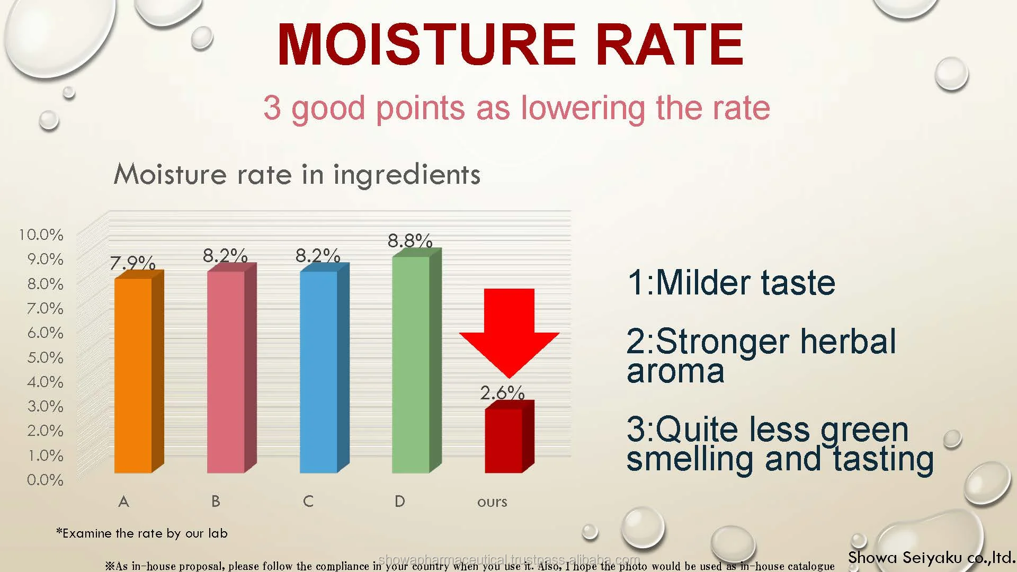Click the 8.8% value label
coord(410,241)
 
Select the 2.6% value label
coord(502,392)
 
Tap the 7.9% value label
coord(132,263)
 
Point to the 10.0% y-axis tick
coord(41,235)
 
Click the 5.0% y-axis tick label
coord(45,358)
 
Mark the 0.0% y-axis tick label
coord(45,480)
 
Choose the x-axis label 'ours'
coord(492,502)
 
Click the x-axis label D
coord(400,501)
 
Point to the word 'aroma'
coord(675,371)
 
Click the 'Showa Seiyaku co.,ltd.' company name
coord(931,558)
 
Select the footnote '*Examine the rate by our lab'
coord(142,533)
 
